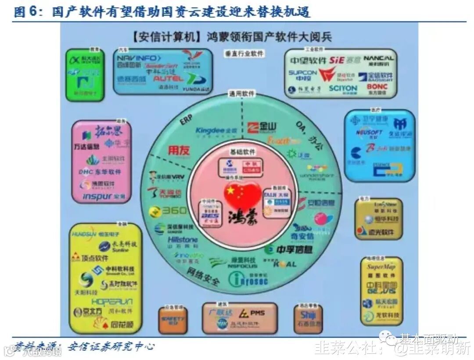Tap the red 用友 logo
[x=179, y=150]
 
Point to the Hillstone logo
[x=183, y=240]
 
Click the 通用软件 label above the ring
[x=242, y=93]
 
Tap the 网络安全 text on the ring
[x=203, y=277]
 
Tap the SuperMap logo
[x=381, y=267]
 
